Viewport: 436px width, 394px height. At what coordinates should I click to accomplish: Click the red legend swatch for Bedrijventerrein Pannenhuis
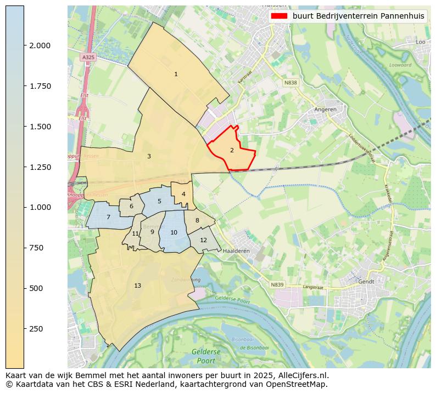(x=279, y=16)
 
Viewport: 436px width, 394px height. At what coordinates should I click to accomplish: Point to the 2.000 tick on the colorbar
(x=24, y=45)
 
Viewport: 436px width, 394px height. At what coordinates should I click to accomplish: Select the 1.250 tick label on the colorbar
(x=40, y=167)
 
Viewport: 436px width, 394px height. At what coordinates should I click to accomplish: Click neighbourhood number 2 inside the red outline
(x=232, y=150)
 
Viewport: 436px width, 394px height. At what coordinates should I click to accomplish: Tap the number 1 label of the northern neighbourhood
(x=176, y=74)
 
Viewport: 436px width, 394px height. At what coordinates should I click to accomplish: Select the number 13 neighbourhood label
(x=137, y=285)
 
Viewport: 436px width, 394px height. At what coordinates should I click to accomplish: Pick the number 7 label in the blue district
(x=108, y=218)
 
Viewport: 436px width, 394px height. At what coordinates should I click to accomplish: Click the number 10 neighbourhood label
(x=174, y=232)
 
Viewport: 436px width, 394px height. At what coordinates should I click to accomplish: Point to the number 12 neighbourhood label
(x=203, y=240)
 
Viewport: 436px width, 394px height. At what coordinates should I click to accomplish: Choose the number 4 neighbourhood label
(x=183, y=194)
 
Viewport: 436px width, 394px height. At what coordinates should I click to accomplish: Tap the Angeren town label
(x=325, y=109)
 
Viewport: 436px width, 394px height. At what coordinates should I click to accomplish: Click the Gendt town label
(x=366, y=281)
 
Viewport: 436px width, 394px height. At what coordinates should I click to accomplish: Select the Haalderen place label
(x=237, y=250)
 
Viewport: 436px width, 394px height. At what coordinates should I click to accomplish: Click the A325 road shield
(x=87, y=57)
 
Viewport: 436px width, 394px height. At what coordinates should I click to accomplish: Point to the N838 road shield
(x=290, y=83)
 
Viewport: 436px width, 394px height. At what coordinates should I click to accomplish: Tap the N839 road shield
(x=277, y=284)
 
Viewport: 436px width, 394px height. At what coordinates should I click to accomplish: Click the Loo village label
(x=421, y=42)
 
